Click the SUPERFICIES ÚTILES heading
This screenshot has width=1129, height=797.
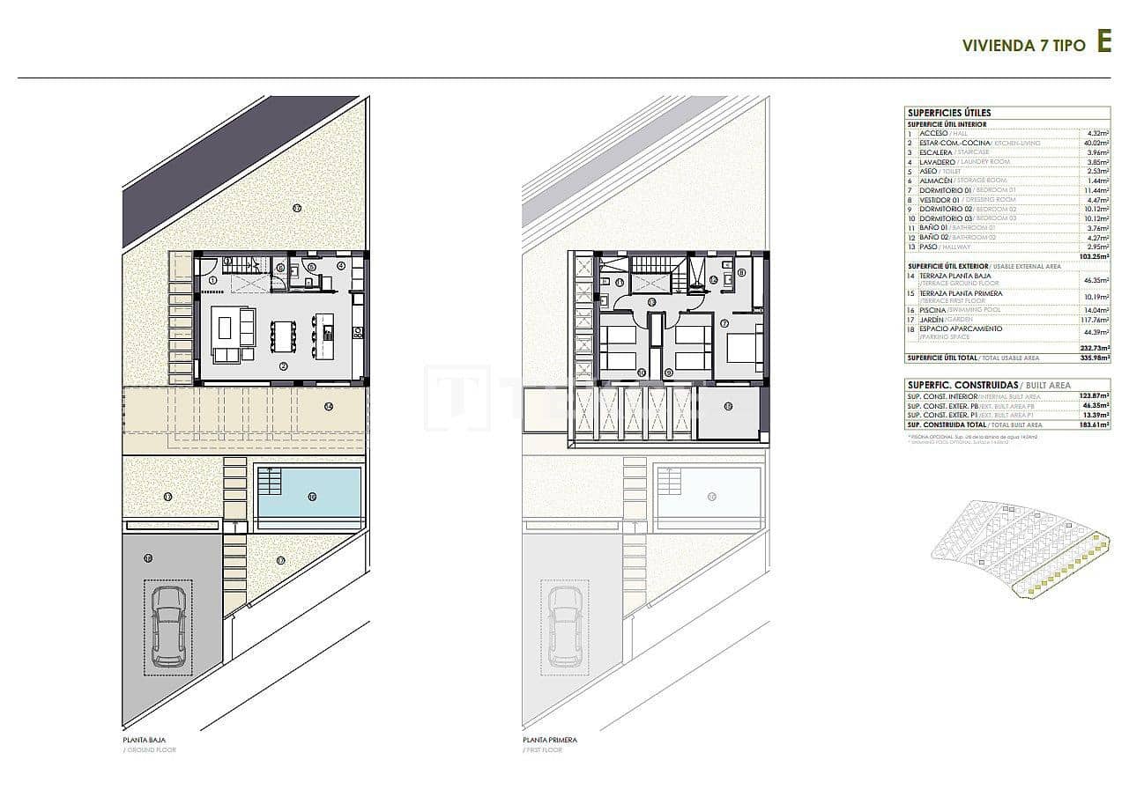coord(936,113)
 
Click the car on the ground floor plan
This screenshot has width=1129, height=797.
coord(168,626)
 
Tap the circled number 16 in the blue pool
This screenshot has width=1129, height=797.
coord(312,497)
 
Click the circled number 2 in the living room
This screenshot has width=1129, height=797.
coord(284,366)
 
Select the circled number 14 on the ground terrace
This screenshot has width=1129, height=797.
coord(328,406)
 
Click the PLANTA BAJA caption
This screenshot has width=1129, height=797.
coord(145,740)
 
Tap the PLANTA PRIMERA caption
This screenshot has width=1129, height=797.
coord(550,740)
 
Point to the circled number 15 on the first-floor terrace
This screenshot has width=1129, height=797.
coord(728,406)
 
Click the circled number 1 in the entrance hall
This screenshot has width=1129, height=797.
coord(212,280)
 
